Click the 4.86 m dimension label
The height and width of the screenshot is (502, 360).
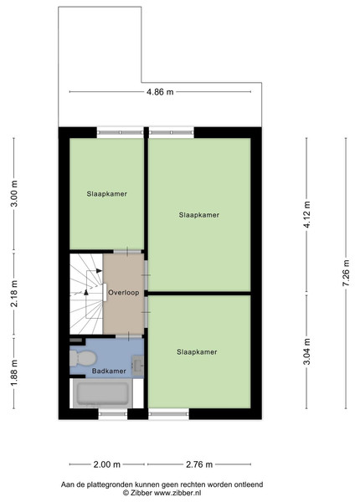point(160,92)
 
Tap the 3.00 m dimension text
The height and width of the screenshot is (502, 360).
point(14,194)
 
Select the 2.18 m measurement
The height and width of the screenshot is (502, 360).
point(14,294)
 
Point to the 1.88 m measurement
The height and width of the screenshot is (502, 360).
point(14,372)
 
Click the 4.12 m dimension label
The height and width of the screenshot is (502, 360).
point(307,214)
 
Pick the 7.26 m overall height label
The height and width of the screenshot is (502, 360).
point(347,273)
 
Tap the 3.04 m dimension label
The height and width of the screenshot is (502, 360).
point(307,351)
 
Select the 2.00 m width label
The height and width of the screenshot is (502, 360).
point(107,464)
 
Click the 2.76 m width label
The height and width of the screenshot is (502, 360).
point(199,464)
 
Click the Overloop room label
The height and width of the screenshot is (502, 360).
point(124,293)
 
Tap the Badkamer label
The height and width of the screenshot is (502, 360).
point(109,371)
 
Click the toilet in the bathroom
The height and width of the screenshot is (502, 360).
point(83,358)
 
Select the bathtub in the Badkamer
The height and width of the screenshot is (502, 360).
point(102,393)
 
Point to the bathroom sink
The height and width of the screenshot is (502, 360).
point(138,366)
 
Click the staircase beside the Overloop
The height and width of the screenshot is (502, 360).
point(86,294)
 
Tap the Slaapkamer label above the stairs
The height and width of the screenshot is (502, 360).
point(107,194)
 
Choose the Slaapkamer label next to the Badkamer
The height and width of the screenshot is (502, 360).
point(197,352)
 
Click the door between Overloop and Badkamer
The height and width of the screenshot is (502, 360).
point(129,336)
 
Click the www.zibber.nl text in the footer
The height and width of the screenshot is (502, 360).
point(177,493)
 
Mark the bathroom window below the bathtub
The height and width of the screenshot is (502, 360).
point(113,414)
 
